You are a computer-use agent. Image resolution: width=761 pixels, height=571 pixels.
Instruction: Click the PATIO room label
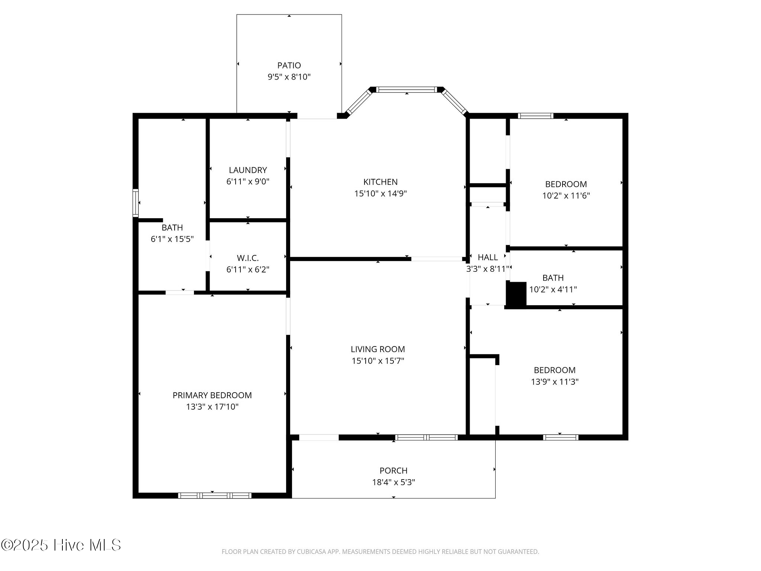(289, 65)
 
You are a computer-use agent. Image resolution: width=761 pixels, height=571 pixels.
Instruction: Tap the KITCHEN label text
(380, 182)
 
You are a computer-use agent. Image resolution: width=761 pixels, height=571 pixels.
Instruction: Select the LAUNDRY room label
(248, 170)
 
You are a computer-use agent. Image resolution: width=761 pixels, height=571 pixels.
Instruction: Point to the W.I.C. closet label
(248, 258)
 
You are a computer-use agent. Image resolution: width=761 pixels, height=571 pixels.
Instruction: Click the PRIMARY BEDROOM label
(212, 395)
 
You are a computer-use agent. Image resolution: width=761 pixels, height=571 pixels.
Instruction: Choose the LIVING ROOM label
(378, 349)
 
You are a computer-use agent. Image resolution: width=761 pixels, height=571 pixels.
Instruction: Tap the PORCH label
(394, 471)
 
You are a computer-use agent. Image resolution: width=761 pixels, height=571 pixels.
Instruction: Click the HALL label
(488, 257)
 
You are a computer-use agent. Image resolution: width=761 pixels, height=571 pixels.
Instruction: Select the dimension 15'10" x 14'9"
(380, 193)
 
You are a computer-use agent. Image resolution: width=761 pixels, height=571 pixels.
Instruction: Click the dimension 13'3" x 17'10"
(212, 407)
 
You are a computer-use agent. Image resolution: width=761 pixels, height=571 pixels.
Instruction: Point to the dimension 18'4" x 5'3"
(394, 482)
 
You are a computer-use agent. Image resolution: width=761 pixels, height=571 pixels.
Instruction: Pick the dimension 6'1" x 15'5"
(172, 239)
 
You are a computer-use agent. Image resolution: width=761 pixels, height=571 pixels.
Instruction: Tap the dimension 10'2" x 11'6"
(566, 196)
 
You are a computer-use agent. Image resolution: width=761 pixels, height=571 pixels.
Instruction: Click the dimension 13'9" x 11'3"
(555, 381)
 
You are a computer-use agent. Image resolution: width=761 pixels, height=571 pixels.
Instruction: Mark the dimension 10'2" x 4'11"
(553, 289)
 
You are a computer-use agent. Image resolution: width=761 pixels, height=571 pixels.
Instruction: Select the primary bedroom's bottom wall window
(215, 495)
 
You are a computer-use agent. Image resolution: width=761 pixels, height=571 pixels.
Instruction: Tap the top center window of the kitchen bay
(407, 90)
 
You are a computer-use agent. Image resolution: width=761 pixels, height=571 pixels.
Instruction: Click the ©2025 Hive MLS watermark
(61, 545)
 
